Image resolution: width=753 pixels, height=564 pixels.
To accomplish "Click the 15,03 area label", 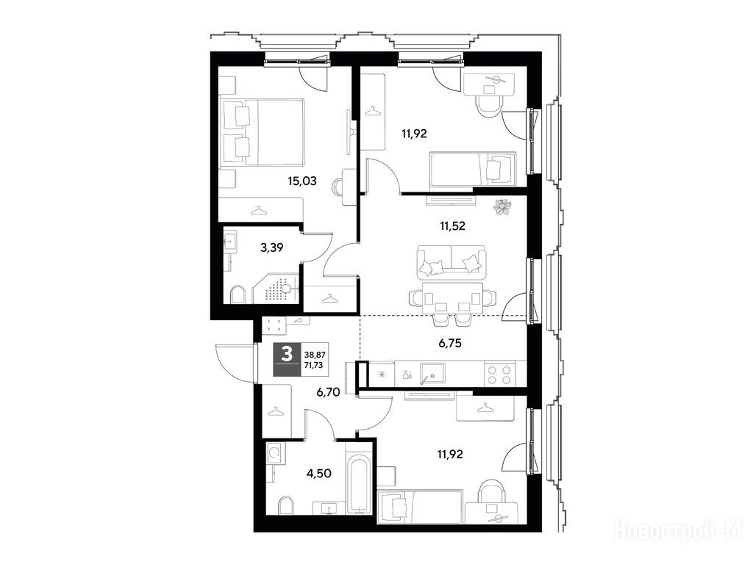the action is pyautogui.click(x=302, y=181).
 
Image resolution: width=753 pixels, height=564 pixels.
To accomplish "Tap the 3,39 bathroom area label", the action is pyautogui.click(x=272, y=248).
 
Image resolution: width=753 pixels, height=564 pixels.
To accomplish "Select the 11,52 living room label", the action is pyautogui.click(x=452, y=226).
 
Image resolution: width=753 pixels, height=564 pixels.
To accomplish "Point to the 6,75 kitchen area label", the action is pyautogui.click(x=451, y=343).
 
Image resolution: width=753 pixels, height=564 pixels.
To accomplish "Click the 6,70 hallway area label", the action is pyautogui.click(x=328, y=392).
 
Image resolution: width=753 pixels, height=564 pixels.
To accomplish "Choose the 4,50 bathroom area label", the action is pyautogui.click(x=319, y=474).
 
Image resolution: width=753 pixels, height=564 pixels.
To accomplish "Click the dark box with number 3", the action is pyautogui.click(x=288, y=359).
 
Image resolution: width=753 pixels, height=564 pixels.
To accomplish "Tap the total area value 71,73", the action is pyautogui.click(x=313, y=365).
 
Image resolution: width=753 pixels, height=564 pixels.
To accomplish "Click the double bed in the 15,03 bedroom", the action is pyautogui.click(x=263, y=132).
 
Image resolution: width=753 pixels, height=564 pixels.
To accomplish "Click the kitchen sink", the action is pyautogui.click(x=432, y=373).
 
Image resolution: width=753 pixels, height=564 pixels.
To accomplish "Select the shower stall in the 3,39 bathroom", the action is pyautogui.click(x=276, y=289).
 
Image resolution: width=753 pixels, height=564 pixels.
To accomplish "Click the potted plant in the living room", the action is pyautogui.click(x=503, y=208).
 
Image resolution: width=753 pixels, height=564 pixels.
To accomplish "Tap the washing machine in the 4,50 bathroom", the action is pyautogui.click(x=275, y=453).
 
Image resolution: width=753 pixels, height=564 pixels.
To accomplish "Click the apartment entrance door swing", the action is pyautogui.click(x=235, y=363).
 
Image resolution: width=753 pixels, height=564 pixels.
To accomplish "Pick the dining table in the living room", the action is pyautogui.click(x=452, y=298).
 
